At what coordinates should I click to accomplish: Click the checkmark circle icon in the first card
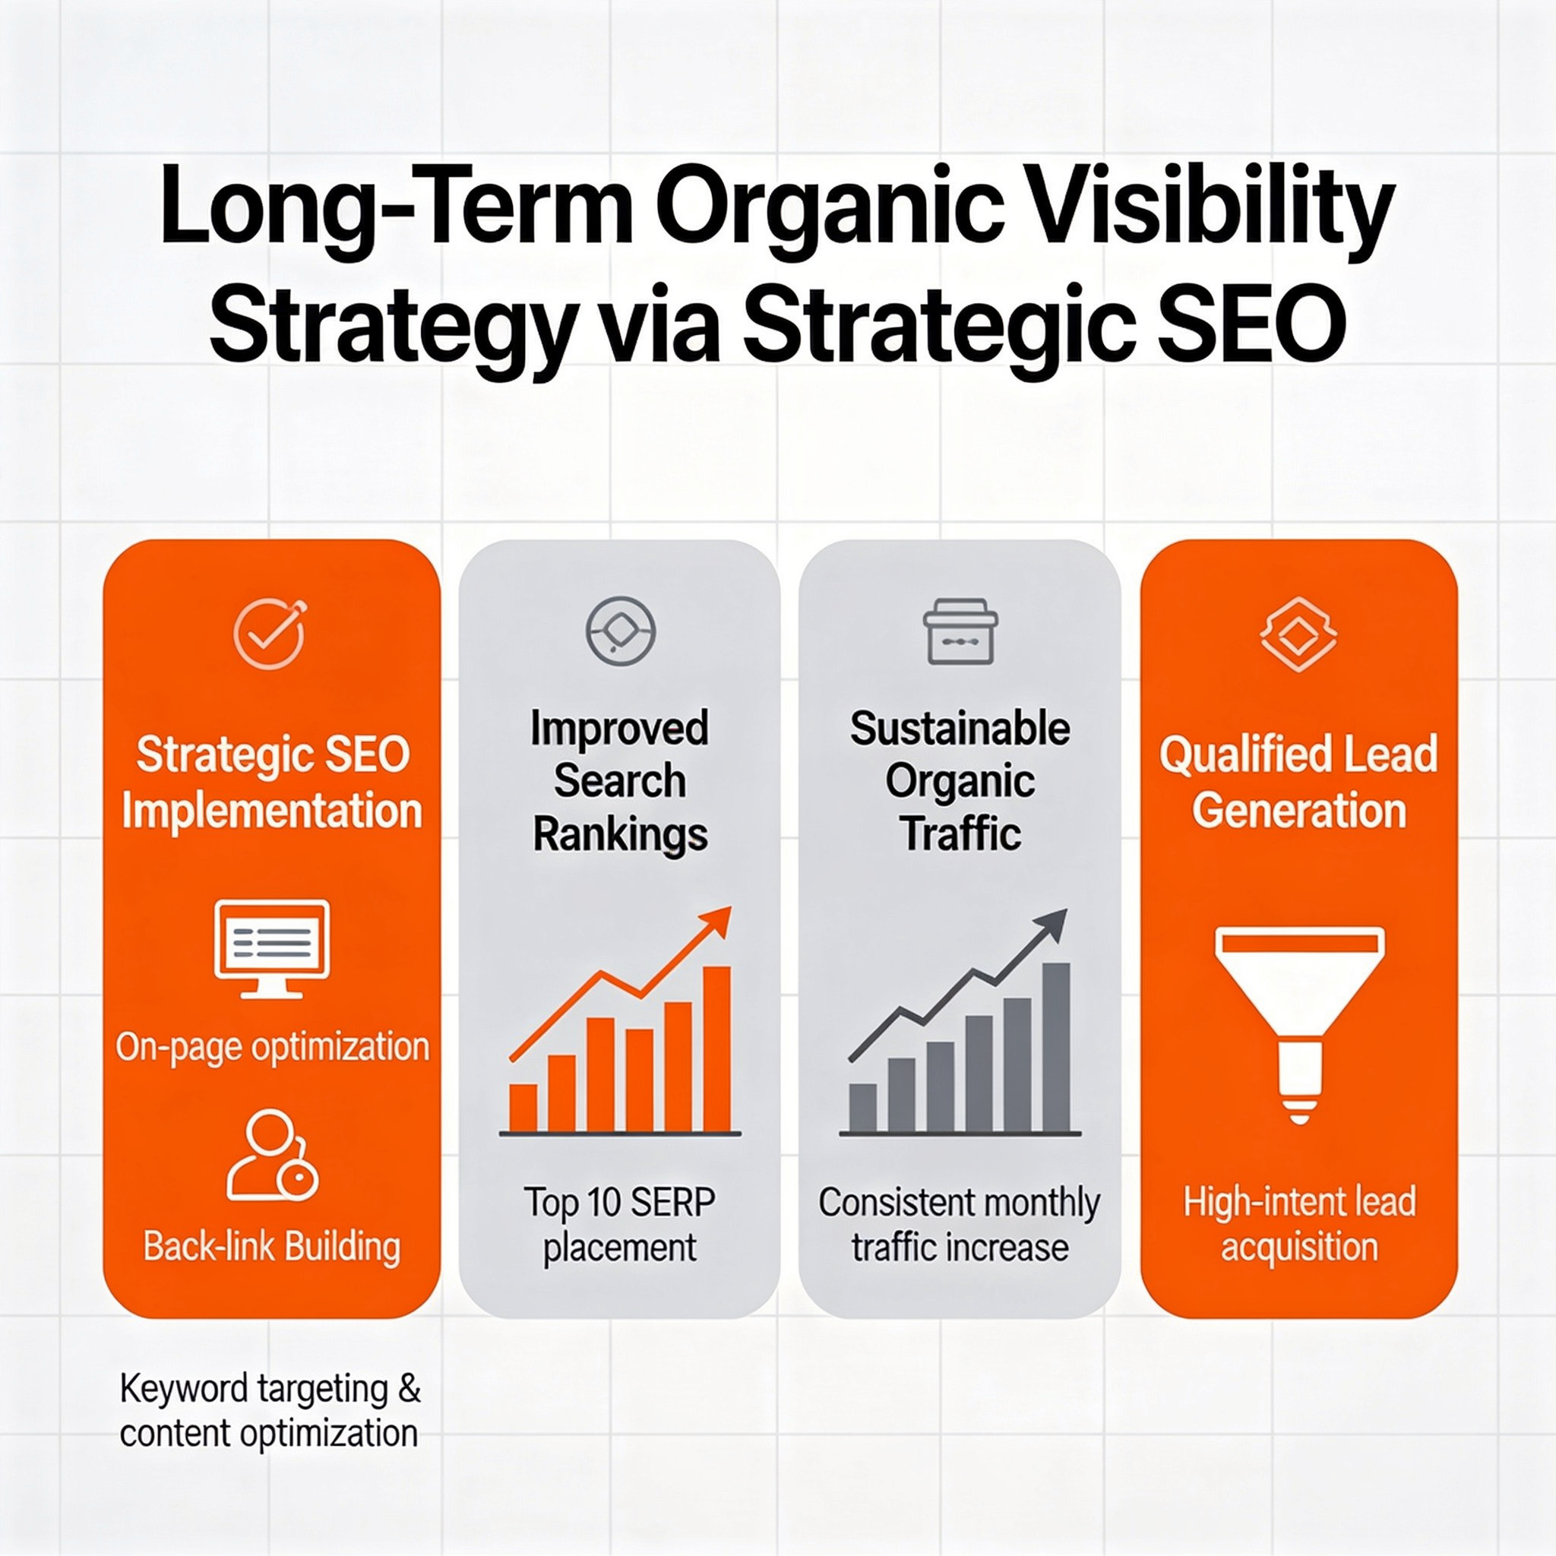coord(270,634)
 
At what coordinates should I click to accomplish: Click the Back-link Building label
coord(271,1246)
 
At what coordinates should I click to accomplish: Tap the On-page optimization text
coord(272,1047)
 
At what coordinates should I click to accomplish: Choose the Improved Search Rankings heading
coord(619,780)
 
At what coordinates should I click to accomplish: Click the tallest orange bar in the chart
coord(716,1048)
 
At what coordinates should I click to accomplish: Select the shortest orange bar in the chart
coord(523,1108)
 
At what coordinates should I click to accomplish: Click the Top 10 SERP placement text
coord(619,1225)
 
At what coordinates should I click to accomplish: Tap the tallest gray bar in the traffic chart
coord(1056,1047)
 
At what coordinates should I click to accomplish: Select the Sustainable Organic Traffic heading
coord(960,780)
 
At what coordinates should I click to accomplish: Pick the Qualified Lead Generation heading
coord(1298,782)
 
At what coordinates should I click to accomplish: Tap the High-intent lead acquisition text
coord(1298,1225)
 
